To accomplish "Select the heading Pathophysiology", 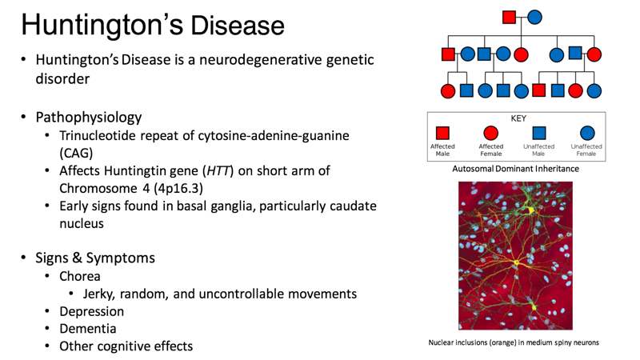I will point(88,117).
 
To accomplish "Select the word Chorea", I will point(80,276).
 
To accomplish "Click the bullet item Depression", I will point(91,311).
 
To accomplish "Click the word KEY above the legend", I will point(518,118).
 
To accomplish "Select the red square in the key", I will point(442,134).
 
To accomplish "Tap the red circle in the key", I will point(490,134).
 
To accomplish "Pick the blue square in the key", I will point(538,134).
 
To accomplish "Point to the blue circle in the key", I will point(586,134).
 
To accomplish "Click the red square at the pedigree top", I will point(509,17).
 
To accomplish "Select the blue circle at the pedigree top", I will point(534,17).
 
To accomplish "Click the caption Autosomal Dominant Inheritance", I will point(514,169).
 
